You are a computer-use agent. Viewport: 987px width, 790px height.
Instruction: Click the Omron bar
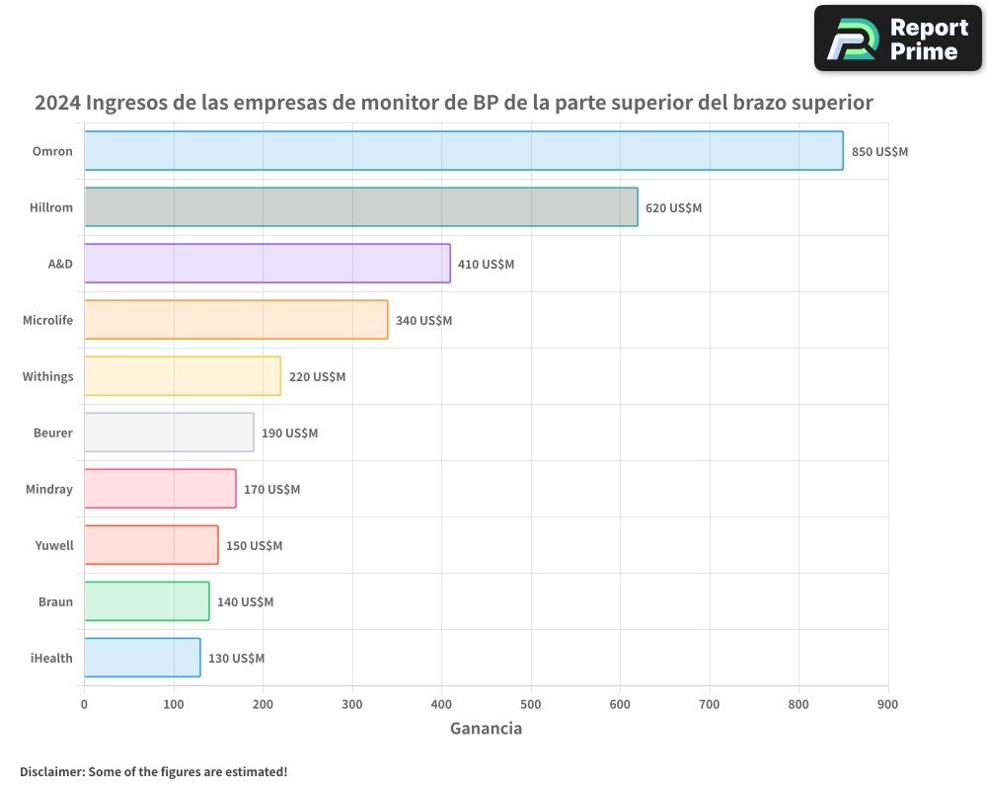coord(463,151)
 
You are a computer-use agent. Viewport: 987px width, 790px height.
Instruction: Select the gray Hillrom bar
coord(360,207)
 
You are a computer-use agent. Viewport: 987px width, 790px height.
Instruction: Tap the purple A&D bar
coord(266,264)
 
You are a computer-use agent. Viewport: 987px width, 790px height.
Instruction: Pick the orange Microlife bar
coord(236,320)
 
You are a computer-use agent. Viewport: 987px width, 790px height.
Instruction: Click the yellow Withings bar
coord(183,376)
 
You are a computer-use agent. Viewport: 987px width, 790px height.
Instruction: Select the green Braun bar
coord(146,601)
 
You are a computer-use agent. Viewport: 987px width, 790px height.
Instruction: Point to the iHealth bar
coord(142,658)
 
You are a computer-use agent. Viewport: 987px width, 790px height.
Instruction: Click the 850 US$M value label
coord(879,152)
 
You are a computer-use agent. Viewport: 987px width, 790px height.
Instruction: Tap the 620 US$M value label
coord(673,208)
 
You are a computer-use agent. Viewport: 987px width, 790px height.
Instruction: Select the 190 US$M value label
coord(289,434)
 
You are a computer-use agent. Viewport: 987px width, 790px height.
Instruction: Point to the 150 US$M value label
coord(254,546)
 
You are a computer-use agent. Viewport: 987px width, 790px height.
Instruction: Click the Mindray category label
coord(49,489)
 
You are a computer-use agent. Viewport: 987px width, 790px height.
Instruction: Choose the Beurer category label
coord(52,433)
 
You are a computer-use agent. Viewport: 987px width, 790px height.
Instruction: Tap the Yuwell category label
coord(54,545)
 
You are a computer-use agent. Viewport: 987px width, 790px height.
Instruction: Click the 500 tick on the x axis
coord(531,704)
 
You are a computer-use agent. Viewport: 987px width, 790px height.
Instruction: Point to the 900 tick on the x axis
coord(887,704)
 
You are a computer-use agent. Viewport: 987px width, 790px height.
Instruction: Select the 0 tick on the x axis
coord(84,704)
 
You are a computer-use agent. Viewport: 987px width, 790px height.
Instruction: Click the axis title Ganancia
coord(486,729)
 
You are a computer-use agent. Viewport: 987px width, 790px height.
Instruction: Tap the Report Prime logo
coord(897,39)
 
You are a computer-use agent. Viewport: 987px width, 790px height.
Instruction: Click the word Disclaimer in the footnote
coord(50,771)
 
